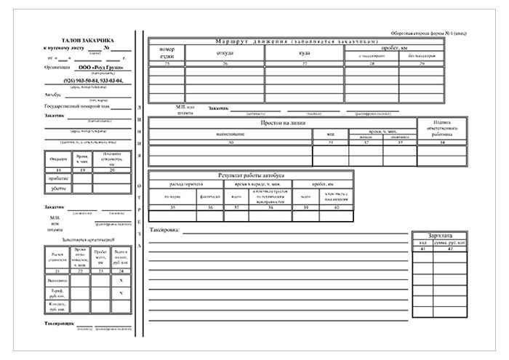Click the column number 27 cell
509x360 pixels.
[x=305, y=65]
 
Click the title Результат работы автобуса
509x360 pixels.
[x=251, y=176]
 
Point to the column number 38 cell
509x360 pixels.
[x=270, y=208]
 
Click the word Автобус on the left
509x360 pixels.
[x=52, y=95]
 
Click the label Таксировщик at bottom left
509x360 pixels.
[x=59, y=321]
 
